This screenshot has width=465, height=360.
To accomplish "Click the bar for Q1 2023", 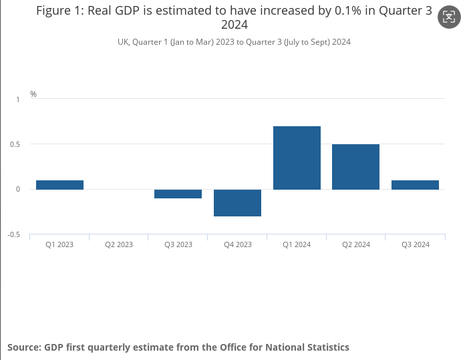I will tap(59, 185).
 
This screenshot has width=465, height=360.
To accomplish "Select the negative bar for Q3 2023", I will tap(178, 194).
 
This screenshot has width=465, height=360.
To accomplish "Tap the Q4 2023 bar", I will tap(237, 203).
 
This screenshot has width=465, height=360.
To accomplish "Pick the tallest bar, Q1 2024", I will tap(297, 158).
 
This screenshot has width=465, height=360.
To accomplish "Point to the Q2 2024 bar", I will tap(355, 167).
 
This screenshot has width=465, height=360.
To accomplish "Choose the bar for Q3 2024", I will tap(415, 185).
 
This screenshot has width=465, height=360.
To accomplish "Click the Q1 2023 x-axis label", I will tap(59, 244).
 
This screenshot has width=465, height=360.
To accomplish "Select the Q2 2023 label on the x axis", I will tap(119, 244).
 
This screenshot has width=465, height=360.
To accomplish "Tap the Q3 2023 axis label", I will tap(178, 244).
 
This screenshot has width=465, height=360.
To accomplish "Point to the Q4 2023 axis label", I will tap(237, 244).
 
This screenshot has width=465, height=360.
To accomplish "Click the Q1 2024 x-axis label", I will tap(297, 244).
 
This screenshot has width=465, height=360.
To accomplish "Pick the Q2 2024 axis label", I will tap(355, 244).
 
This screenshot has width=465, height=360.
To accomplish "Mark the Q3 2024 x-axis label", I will tap(415, 244).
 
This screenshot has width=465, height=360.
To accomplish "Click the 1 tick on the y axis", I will tap(18, 99).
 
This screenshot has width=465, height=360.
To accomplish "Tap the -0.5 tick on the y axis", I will tap(13, 234).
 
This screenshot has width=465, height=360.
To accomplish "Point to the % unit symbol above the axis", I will tap(33, 94).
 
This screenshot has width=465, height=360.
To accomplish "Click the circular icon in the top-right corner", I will tap(448, 17).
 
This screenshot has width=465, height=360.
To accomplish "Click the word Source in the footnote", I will tap(24, 347).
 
